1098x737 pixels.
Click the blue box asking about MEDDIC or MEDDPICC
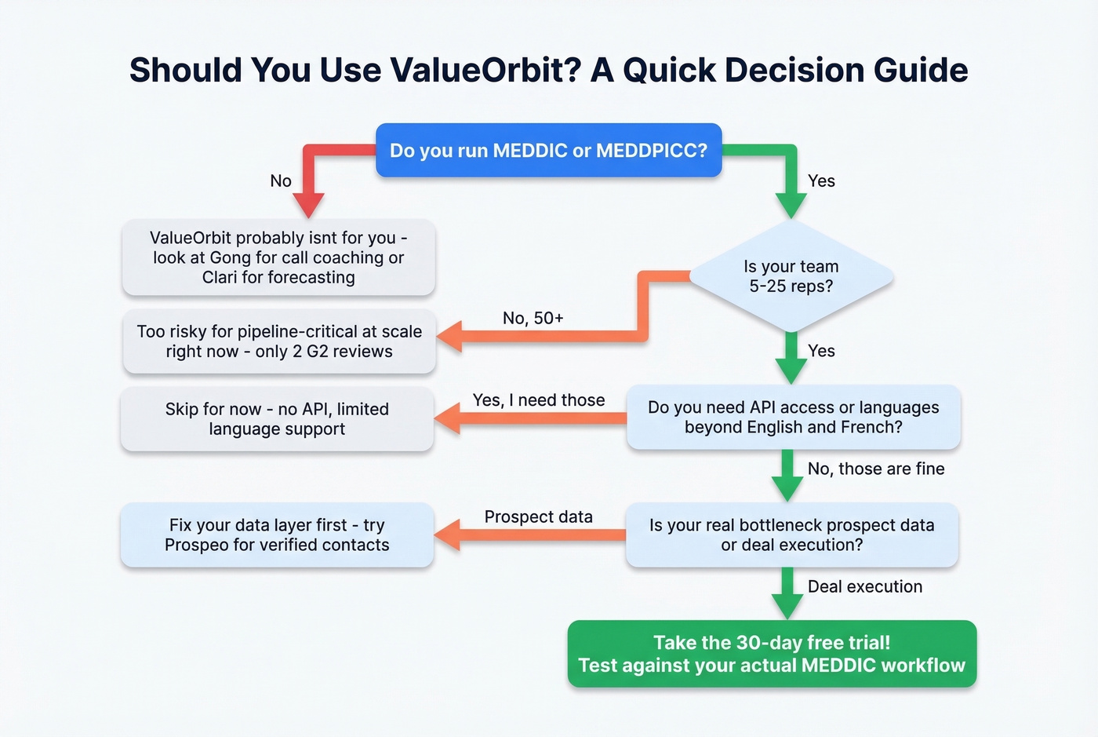click(548, 150)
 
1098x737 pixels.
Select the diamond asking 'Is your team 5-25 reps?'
click(791, 276)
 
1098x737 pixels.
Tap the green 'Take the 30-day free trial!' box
click(772, 654)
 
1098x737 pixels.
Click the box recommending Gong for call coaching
click(278, 257)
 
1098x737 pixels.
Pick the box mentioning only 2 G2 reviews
click(278, 341)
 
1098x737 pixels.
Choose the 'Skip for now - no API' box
click(277, 418)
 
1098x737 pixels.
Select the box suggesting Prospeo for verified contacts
click(277, 535)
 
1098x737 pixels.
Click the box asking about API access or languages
click(793, 417)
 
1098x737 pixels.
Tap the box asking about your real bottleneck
click(791, 535)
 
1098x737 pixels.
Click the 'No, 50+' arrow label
click(533, 318)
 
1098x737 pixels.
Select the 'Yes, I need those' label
click(538, 400)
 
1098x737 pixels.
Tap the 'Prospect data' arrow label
click(538, 516)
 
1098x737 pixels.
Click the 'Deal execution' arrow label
click(864, 586)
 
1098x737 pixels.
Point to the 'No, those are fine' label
click(875, 469)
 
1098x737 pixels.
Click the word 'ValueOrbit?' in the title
click(485, 70)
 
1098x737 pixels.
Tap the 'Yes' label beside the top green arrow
click(821, 181)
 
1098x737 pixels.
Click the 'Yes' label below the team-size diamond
click(821, 351)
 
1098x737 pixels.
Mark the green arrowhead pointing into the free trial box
click(787, 607)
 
